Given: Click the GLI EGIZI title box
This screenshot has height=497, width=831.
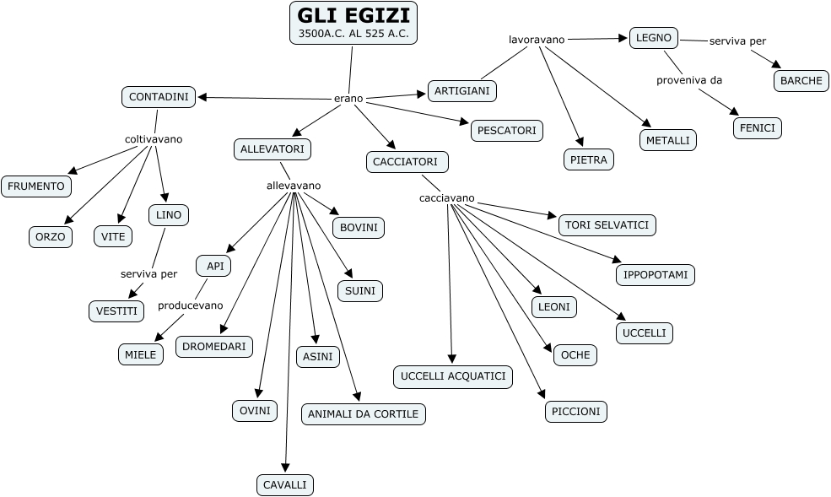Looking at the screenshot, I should (353, 23).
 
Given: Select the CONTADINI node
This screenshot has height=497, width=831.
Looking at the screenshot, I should (159, 97).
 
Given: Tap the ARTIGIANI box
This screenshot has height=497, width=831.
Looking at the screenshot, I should (462, 90).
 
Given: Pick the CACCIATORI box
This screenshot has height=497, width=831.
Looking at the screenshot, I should (407, 162).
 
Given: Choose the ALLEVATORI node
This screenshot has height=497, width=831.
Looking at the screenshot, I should (273, 149).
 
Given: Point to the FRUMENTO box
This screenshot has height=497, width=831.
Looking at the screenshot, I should (36, 186).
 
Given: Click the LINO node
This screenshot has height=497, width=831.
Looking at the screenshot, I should (169, 215).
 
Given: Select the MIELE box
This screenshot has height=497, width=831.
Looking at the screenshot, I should (141, 354).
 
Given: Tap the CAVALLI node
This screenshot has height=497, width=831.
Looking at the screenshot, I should (285, 484).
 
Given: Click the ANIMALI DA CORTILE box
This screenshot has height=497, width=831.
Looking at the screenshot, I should (364, 413).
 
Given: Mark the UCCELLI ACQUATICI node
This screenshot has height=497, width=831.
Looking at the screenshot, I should (453, 376).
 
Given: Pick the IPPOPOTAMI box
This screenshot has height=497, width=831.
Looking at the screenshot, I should (656, 275).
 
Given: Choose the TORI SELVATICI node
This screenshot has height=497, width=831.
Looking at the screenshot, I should (607, 225).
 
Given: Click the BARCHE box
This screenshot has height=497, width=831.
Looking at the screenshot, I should (801, 81).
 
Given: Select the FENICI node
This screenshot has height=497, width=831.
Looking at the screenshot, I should (757, 128).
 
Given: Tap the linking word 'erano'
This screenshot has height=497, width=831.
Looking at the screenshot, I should (348, 99).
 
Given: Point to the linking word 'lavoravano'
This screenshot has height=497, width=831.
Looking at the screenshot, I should (537, 39).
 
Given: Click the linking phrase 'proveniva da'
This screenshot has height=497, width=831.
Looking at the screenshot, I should (689, 80).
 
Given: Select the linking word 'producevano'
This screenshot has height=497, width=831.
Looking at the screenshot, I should (191, 305).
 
